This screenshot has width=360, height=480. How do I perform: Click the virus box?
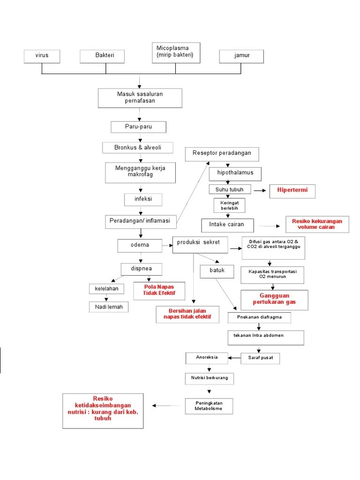[42, 56]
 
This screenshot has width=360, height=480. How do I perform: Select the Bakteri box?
[102, 56]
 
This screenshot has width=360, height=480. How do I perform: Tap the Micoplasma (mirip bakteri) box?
[176, 52]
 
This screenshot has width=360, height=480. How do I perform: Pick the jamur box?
[241, 56]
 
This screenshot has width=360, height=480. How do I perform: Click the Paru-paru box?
[138, 127]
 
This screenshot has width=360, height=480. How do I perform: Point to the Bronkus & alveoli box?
[137, 148]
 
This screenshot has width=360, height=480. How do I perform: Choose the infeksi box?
[143, 200]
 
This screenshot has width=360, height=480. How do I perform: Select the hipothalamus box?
[235, 173]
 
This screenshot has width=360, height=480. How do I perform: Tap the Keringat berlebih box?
[229, 205]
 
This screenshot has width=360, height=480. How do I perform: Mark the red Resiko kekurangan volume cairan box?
[317, 225]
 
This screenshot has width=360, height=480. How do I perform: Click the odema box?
[140, 246]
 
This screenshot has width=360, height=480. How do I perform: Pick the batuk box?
[217, 271]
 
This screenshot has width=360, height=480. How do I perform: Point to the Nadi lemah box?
[109, 307]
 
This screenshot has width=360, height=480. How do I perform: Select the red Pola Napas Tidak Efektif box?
[159, 291]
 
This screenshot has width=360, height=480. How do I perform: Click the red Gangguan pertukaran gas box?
[274, 300]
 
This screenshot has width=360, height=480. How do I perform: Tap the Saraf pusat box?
[260, 358]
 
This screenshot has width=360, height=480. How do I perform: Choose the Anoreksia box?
[207, 358]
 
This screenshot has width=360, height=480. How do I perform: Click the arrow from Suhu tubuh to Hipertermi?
[260, 190]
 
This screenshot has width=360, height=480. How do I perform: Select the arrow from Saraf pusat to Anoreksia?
[234, 358]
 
